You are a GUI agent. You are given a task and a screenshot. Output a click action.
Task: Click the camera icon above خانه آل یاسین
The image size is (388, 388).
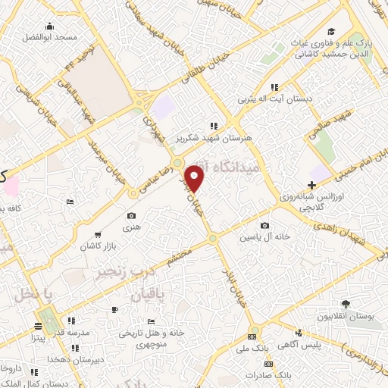265,226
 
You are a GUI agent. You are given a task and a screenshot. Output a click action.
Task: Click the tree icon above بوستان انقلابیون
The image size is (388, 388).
346,302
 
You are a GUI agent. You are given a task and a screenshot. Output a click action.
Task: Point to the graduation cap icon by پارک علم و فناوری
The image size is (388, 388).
331,31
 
